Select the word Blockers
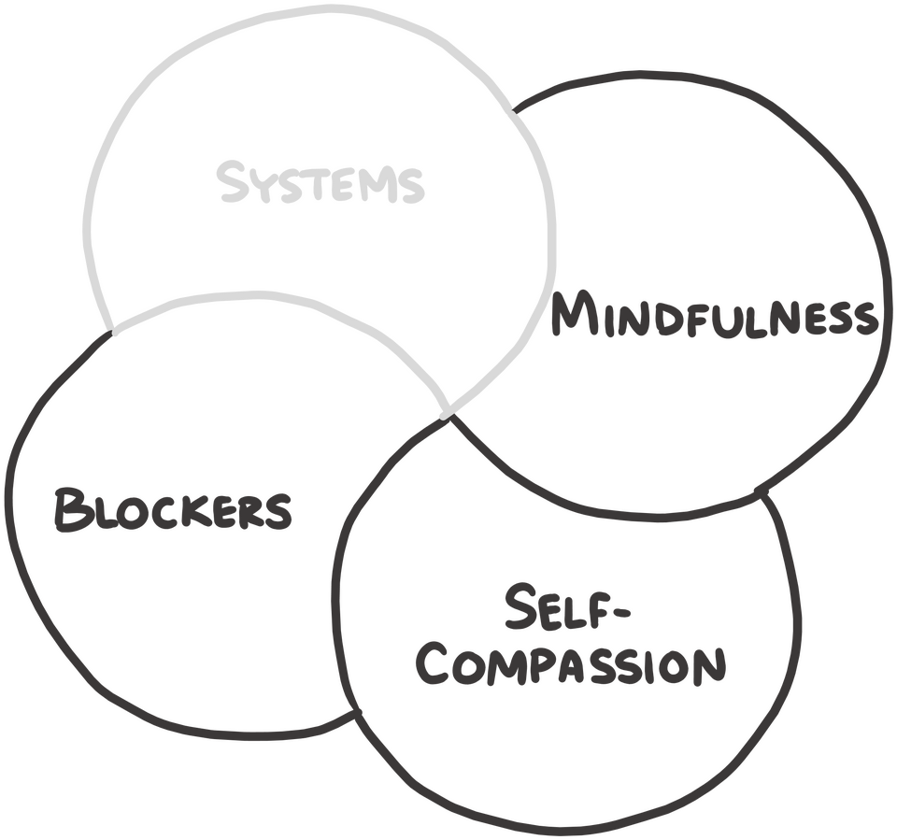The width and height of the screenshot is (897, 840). point(173,509)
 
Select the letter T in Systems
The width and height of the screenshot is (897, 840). point(327,187)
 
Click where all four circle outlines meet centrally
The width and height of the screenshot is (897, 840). point(447,414)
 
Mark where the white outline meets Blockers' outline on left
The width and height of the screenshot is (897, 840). point(113,332)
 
